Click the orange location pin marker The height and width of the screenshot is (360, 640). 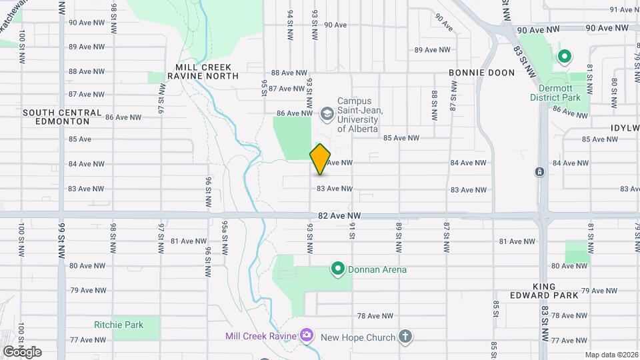coord(321,159)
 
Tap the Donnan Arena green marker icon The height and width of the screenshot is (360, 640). coord(338,269)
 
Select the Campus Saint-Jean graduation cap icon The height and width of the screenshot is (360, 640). coord(327,113)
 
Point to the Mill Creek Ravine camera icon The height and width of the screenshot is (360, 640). coord(307,335)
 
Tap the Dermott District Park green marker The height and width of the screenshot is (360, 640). coord(564,57)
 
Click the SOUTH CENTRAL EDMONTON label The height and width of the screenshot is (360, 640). coord(62,117)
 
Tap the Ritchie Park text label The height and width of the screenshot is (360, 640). coord(119,325)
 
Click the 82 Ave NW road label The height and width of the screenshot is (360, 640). coord(339,216)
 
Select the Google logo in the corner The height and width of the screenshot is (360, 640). coord(22,351)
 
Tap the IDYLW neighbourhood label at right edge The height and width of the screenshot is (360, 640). coord(624,127)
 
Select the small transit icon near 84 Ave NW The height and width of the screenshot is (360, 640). coord(539,172)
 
